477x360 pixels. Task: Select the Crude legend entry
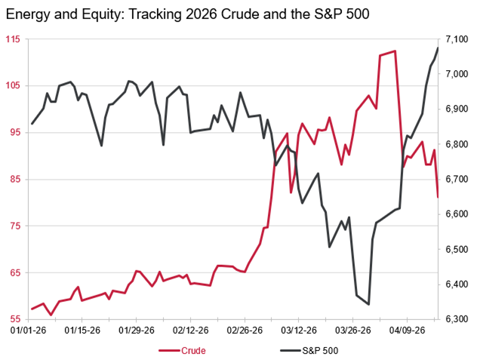pos(193,350)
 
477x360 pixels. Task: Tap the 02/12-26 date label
pos(190,330)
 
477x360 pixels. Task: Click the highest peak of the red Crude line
pos(395,51)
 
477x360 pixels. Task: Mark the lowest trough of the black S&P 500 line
pos(368,304)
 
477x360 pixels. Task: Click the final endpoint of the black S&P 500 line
pos(439,48)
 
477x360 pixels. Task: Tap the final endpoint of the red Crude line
pos(439,197)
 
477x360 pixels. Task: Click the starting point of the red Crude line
pos(32,309)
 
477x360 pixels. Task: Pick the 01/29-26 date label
pos(137,330)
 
